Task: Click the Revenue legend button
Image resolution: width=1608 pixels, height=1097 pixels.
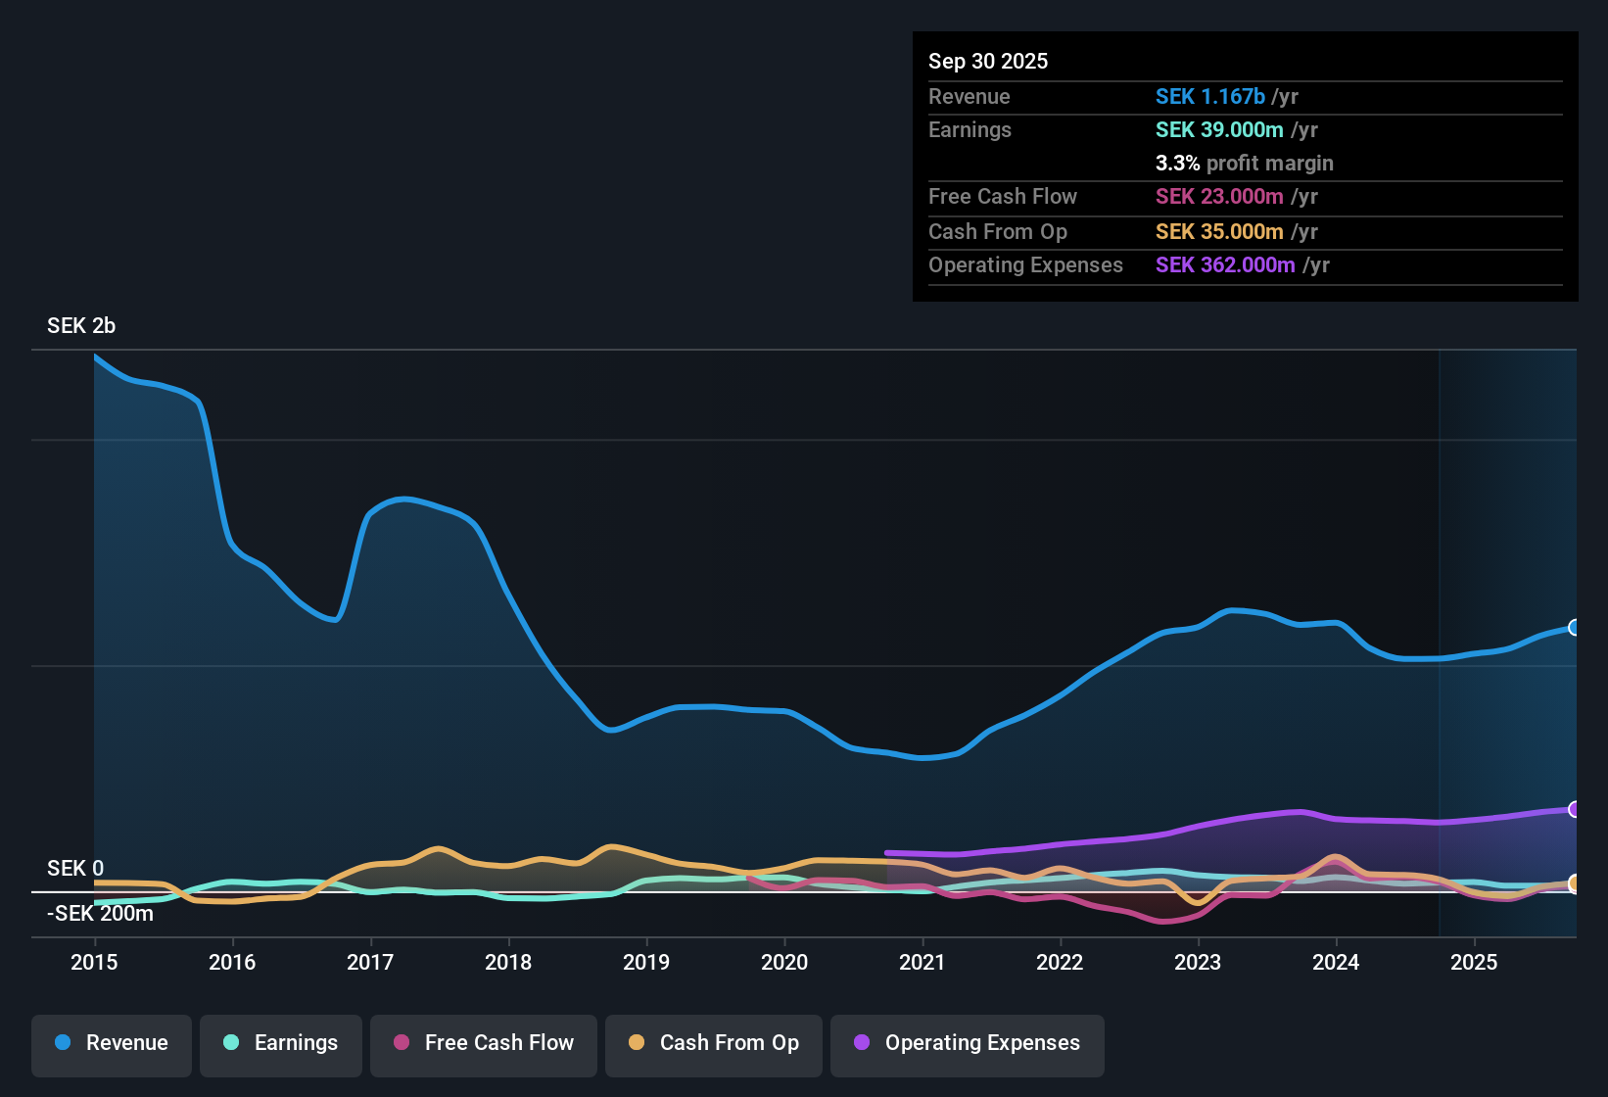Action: (112, 1043)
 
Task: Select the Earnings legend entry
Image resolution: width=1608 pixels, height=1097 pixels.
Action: (281, 1043)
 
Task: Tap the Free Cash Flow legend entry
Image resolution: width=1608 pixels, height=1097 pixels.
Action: (484, 1043)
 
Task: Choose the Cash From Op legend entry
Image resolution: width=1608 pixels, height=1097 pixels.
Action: (714, 1043)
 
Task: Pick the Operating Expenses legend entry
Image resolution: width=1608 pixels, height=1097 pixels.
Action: (967, 1043)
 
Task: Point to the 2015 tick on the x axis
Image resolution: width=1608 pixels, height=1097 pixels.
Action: (94, 962)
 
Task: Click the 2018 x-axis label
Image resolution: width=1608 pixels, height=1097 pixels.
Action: (508, 962)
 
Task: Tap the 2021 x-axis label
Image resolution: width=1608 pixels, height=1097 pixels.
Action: (922, 962)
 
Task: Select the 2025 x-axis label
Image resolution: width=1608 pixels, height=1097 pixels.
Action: (1473, 962)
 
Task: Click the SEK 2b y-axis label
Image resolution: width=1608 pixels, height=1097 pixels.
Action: (81, 325)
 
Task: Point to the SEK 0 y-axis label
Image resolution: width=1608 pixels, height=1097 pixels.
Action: (75, 868)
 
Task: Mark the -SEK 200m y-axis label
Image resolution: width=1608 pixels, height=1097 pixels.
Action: (100, 913)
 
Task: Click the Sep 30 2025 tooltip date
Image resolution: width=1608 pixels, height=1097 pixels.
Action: (987, 61)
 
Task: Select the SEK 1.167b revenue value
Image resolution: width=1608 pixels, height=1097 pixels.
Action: (1209, 96)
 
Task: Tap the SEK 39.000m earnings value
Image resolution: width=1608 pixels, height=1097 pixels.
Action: (1218, 129)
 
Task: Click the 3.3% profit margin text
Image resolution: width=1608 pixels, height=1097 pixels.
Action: (1244, 163)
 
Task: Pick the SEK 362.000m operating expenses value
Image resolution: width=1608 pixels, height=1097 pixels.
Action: (1224, 264)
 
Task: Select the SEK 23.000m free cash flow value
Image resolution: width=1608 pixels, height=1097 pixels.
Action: (1218, 196)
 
